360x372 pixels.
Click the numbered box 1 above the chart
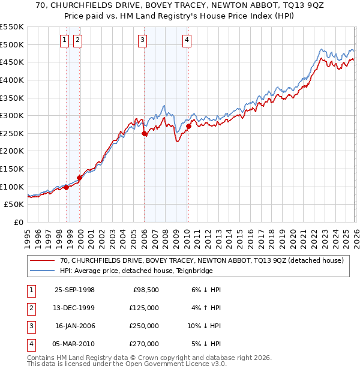pyautogui.click(x=64, y=40)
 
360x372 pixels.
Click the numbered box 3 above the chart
pyautogui.click(x=142, y=40)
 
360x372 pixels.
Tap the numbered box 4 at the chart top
pyautogui.click(x=187, y=40)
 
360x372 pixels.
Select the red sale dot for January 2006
pyautogui.click(x=145, y=134)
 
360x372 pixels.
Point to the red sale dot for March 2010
pyautogui.click(x=188, y=127)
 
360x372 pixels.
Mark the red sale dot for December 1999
pyautogui.click(x=79, y=178)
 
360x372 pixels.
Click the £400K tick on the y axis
pyautogui.click(x=12, y=80)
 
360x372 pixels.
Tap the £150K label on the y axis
pyautogui.click(x=12, y=169)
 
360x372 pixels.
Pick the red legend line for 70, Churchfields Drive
pyautogui.click(x=42, y=260)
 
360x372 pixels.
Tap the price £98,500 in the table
pyautogui.click(x=146, y=290)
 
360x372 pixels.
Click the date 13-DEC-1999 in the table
pyautogui.click(x=74, y=308)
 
